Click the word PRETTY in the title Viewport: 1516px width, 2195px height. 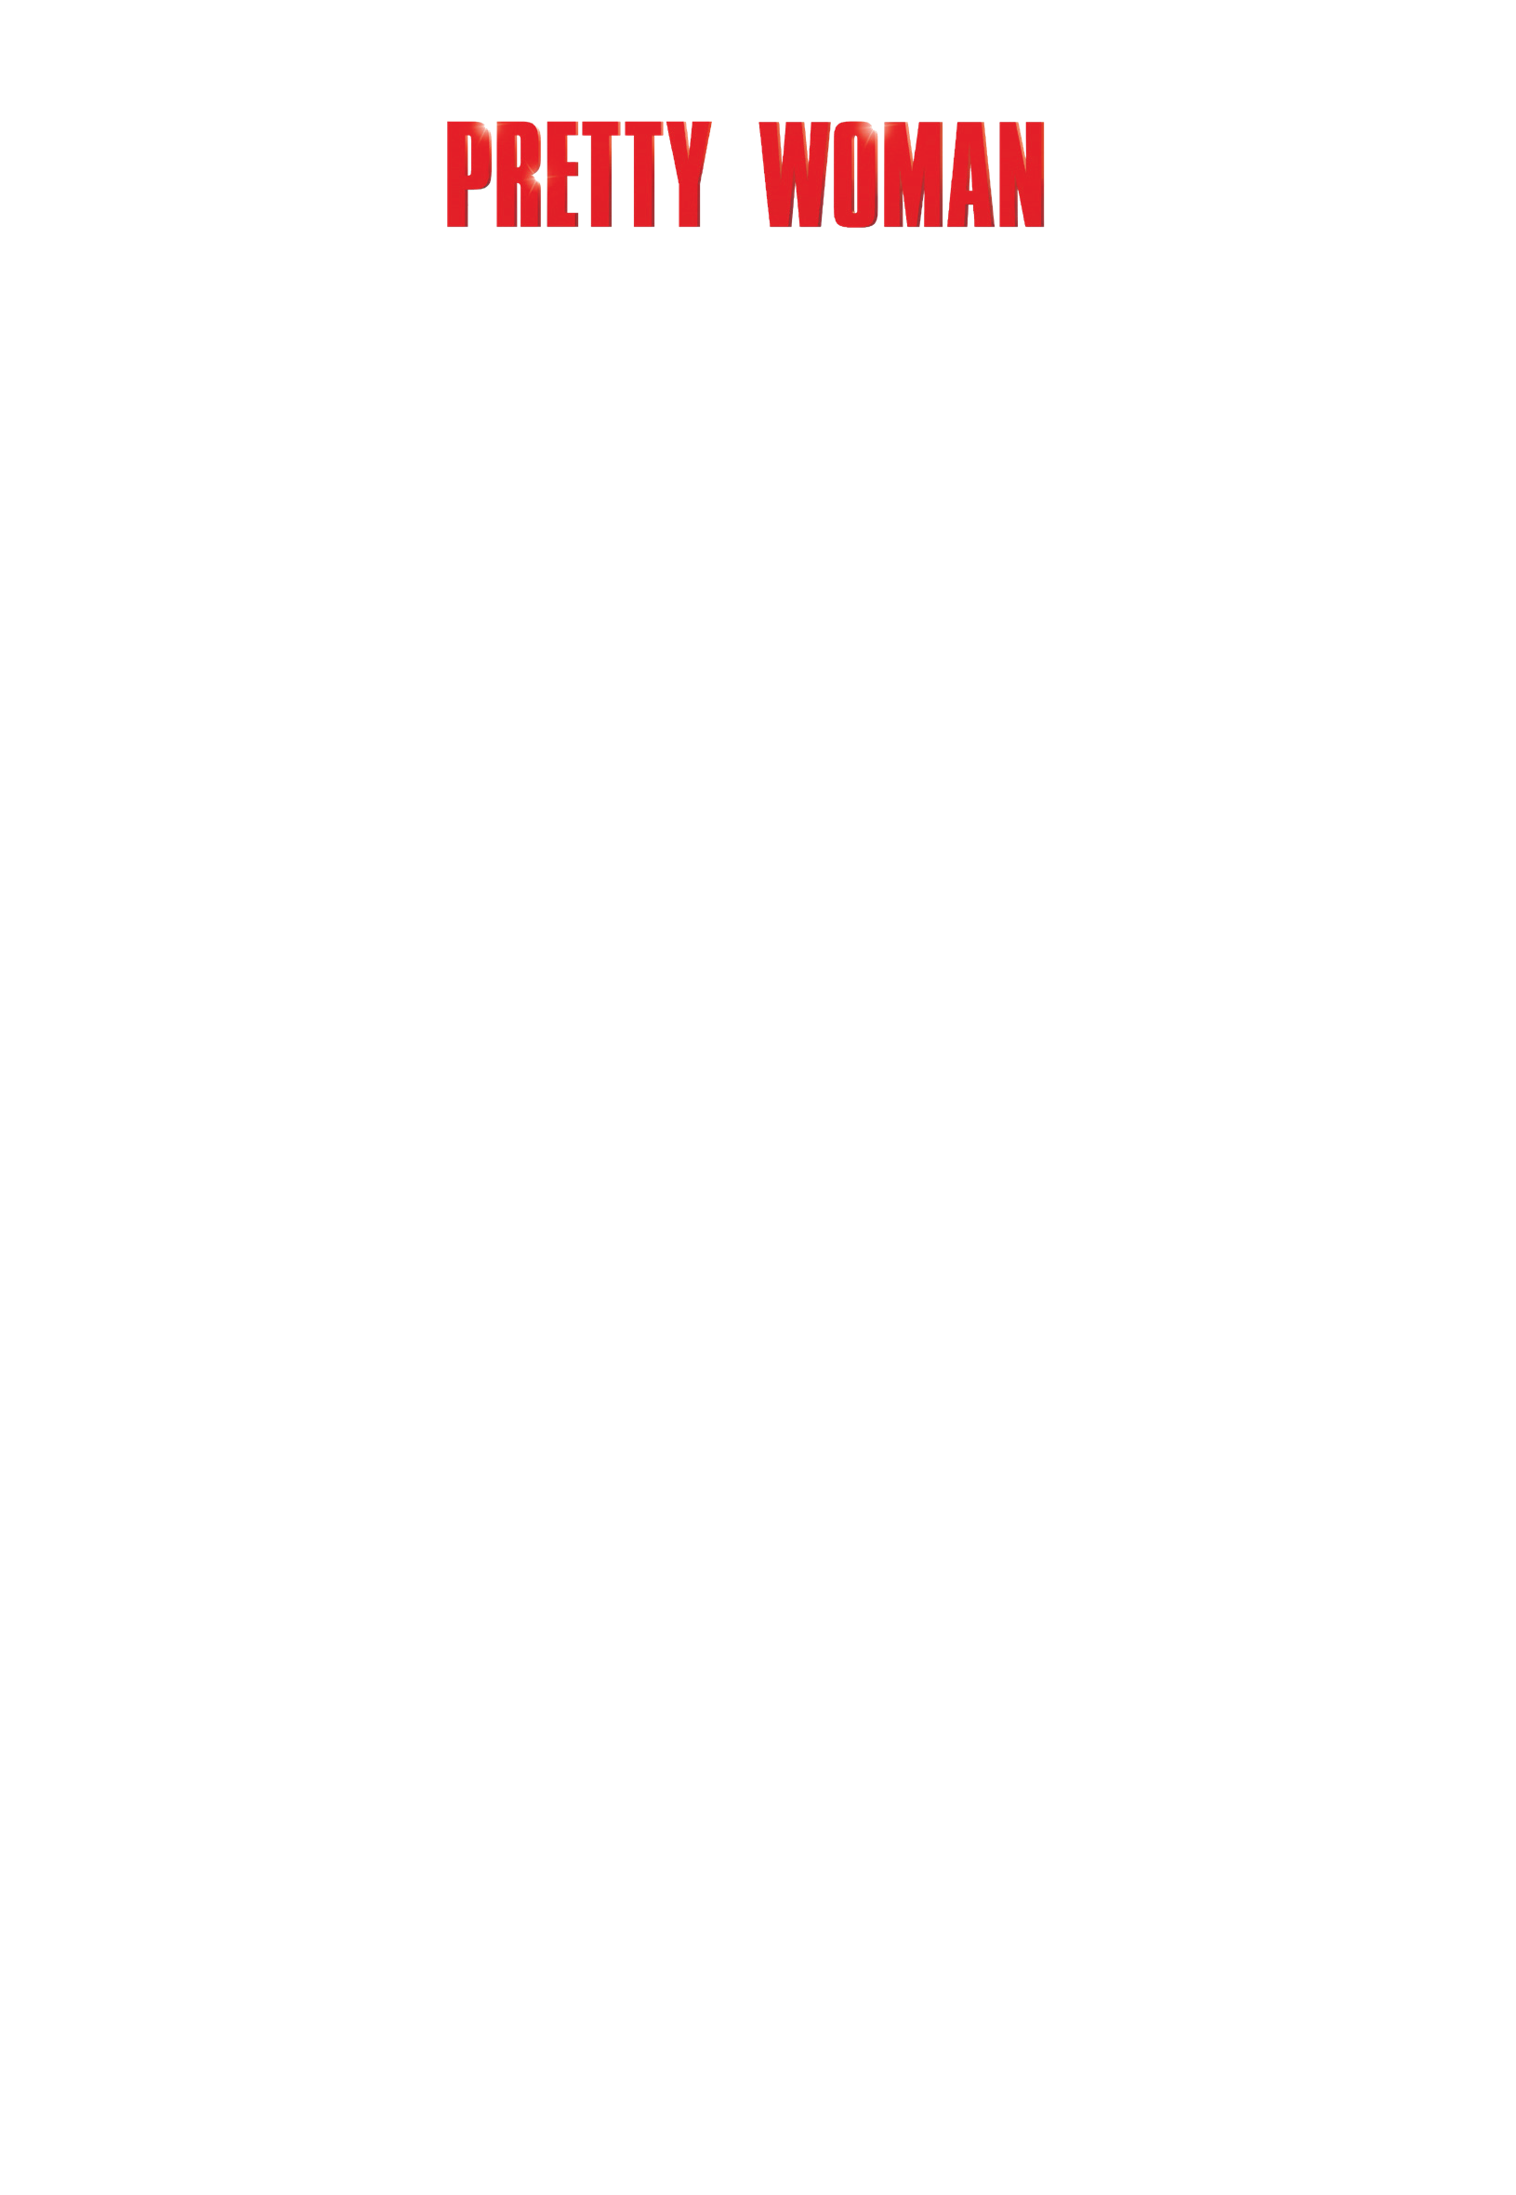point(579,174)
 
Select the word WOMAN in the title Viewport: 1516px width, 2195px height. point(902,174)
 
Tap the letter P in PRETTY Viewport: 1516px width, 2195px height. point(468,174)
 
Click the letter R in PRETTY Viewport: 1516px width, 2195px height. point(519,174)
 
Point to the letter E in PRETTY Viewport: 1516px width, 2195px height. point(562,174)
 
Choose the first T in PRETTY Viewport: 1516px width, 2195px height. point(601,174)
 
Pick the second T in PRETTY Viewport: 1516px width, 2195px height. point(644,174)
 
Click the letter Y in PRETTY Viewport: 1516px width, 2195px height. point(690,174)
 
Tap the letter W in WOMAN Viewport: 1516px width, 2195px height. point(794,174)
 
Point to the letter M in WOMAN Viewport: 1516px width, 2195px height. point(913,174)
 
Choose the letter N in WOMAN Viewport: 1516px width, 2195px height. point(1022,174)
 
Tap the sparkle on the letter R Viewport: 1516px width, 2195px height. point(534,178)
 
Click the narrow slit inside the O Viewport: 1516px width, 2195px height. point(856,174)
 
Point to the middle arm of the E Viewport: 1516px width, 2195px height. point(573,169)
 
